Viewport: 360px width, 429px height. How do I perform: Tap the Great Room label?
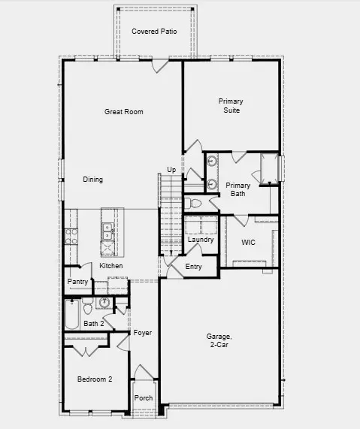(x=123, y=112)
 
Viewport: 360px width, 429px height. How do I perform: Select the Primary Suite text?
(x=231, y=105)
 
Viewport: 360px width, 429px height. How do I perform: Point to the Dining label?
(x=93, y=180)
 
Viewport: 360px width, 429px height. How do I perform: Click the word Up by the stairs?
(x=171, y=171)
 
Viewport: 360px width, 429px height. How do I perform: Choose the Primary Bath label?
(x=238, y=189)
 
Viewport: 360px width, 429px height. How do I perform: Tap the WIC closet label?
(x=249, y=243)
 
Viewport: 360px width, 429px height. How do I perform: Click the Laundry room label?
(x=201, y=240)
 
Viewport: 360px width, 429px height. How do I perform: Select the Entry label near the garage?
(x=193, y=267)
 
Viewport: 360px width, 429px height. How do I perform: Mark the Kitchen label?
(x=111, y=266)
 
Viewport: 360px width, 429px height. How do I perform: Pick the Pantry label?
(x=77, y=282)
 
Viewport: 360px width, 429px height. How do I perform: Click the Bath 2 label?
(x=93, y=324)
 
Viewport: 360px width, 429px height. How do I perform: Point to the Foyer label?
(x=143, y=332)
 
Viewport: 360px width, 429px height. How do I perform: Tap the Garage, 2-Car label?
(x=219, y=340)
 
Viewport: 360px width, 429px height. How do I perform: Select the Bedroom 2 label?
(x=95, y=380)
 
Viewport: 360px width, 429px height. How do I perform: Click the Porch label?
(x=143, y=398)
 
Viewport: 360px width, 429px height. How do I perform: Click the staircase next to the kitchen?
(x=170, y=218)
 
